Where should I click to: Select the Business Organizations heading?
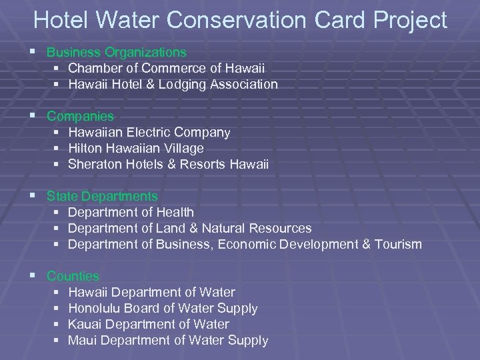click(117, 52)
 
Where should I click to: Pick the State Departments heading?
click(102, 197)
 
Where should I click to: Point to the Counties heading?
click(73, 276)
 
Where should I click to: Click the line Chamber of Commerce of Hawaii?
click(166, 68)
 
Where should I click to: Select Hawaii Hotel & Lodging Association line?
click(173, 84)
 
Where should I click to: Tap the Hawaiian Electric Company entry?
click(149, 133)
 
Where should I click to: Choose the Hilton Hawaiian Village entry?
click(136, 149)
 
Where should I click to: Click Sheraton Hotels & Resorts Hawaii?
click(168, 165)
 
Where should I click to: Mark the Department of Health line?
click(131, 212)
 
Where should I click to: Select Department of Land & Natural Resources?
click(189, 228)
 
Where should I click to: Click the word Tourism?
click(399, 244)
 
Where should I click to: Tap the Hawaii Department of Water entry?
click(151, 292)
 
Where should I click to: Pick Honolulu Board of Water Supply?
click(163, 308)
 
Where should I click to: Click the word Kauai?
click(85, 324)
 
